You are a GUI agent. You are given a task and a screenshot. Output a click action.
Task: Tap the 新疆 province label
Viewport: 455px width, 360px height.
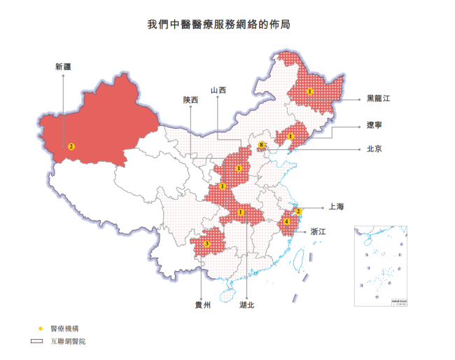63,67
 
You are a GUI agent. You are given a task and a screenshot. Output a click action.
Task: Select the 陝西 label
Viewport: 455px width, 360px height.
190,100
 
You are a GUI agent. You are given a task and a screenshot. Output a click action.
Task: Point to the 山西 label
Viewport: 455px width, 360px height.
218,90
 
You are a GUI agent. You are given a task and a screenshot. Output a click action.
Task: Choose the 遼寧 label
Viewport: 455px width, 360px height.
374,127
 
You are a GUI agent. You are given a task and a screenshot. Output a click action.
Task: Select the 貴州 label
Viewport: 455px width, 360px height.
202,305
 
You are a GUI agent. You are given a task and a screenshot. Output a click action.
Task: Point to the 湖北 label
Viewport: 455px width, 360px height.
247,305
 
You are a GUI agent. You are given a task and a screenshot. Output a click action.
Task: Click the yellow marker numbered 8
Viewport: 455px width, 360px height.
262,145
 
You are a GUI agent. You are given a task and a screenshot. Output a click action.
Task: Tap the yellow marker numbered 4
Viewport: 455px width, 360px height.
287,222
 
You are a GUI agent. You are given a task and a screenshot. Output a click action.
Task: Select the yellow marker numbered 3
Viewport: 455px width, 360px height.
207,244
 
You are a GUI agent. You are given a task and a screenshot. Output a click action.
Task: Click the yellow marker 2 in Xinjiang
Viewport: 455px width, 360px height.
71,146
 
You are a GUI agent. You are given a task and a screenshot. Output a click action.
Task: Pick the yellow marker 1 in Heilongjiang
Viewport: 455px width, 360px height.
309,91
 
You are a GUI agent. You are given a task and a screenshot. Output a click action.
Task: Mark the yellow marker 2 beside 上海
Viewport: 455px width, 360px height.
298,211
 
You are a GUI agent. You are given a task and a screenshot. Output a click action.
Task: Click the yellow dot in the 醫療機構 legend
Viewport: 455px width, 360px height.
41,328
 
